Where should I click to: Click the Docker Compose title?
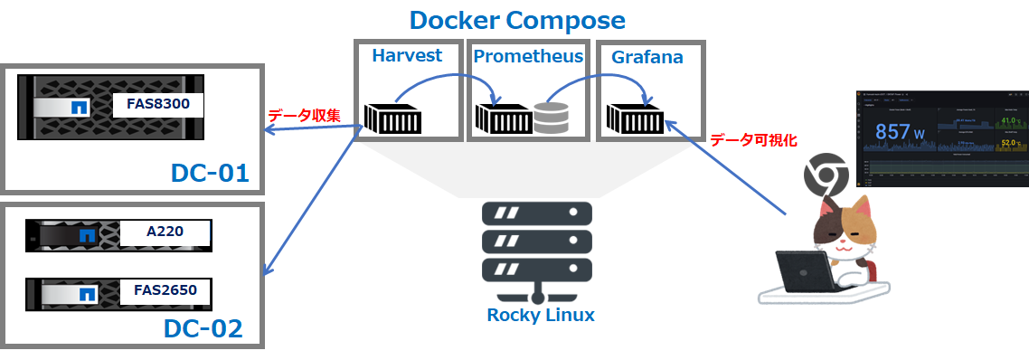tap(516, 20)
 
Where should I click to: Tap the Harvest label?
tap(407, 56)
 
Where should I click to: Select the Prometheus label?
tap(528, 57)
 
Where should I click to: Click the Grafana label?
tap(647, 57)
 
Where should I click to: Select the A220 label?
tap(165, 232)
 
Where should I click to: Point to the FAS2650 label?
tap(165, 291)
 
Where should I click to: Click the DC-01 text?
tap(209, 172)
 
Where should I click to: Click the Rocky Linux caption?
tap(541, 315)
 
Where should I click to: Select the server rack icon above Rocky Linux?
tap(537, 244)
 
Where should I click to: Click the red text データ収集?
tap(303, 116)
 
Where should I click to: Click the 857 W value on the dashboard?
tap(900, 132)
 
